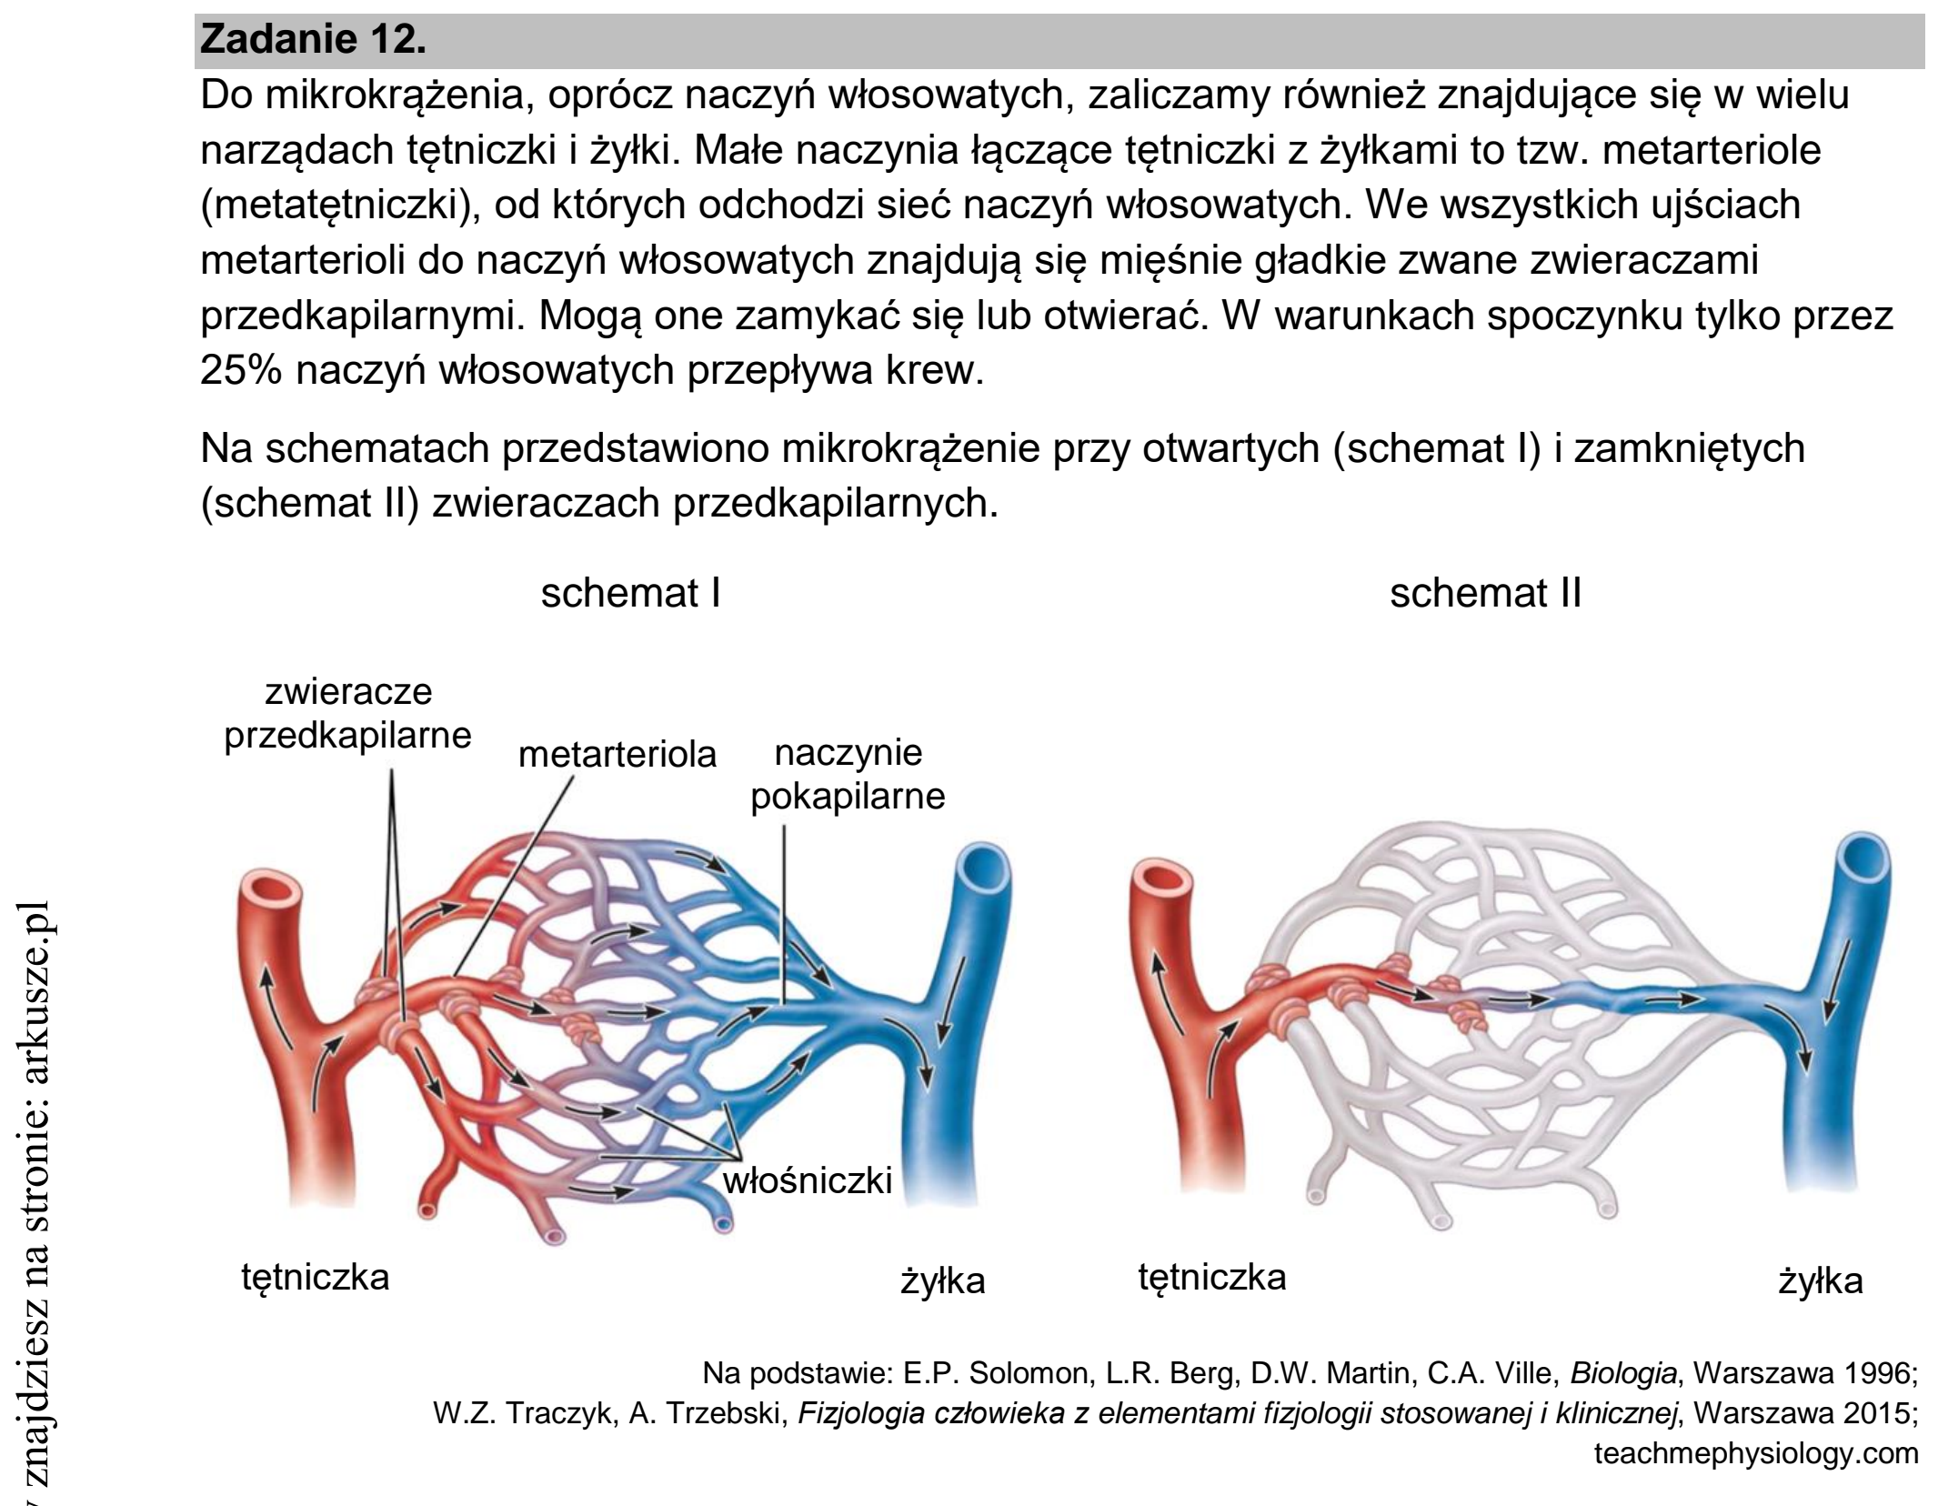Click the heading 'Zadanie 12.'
(313, 40)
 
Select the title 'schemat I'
(630, 594)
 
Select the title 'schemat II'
(1485, 594)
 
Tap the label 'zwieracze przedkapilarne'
(348, 714)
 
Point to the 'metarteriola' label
(618, 755)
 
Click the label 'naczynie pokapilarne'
(848, 775)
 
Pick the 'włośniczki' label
(808, 1180)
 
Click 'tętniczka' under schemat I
(316, 1278)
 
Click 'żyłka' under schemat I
(943, 1280)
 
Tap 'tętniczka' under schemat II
(1212, 1278)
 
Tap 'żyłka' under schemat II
(1821, 1280)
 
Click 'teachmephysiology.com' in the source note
(1756, 1454)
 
